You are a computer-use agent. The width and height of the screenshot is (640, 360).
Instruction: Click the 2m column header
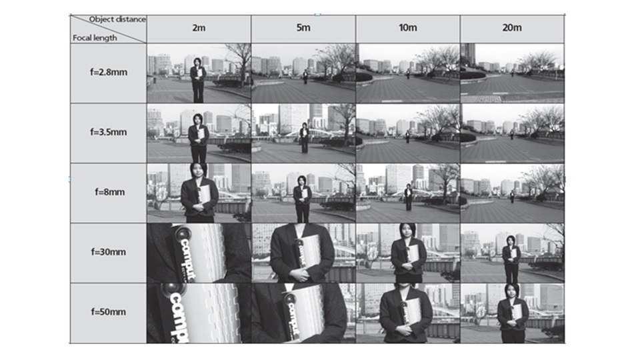click(199, 28)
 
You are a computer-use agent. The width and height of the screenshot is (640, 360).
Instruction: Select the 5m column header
click(303, 28)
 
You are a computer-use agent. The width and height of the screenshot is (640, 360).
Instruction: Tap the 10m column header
click(408, 28)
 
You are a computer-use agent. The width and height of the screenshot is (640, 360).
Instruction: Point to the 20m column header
click(512, 28)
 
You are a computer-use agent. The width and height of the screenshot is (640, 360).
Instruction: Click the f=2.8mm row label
click(109, 72)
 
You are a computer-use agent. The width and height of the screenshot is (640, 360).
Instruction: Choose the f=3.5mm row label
click(109, 132)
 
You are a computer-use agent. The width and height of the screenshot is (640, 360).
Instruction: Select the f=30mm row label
click(109, 252)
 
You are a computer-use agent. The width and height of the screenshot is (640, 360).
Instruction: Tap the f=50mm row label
click(109, 312)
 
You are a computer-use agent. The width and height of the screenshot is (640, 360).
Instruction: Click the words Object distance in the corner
click(117, 19)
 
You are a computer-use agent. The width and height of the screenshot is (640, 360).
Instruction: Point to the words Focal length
click(95, 38)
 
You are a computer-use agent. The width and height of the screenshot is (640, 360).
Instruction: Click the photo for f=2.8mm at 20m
click(512, 73)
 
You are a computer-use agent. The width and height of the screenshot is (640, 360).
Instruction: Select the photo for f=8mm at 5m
click(303, 193)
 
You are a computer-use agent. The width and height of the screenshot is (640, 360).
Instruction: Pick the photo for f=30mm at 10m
click(408, 253)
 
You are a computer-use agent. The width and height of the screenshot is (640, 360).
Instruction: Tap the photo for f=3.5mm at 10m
click(408, 133)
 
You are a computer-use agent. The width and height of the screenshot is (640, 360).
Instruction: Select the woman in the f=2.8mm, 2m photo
click(198, 80)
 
